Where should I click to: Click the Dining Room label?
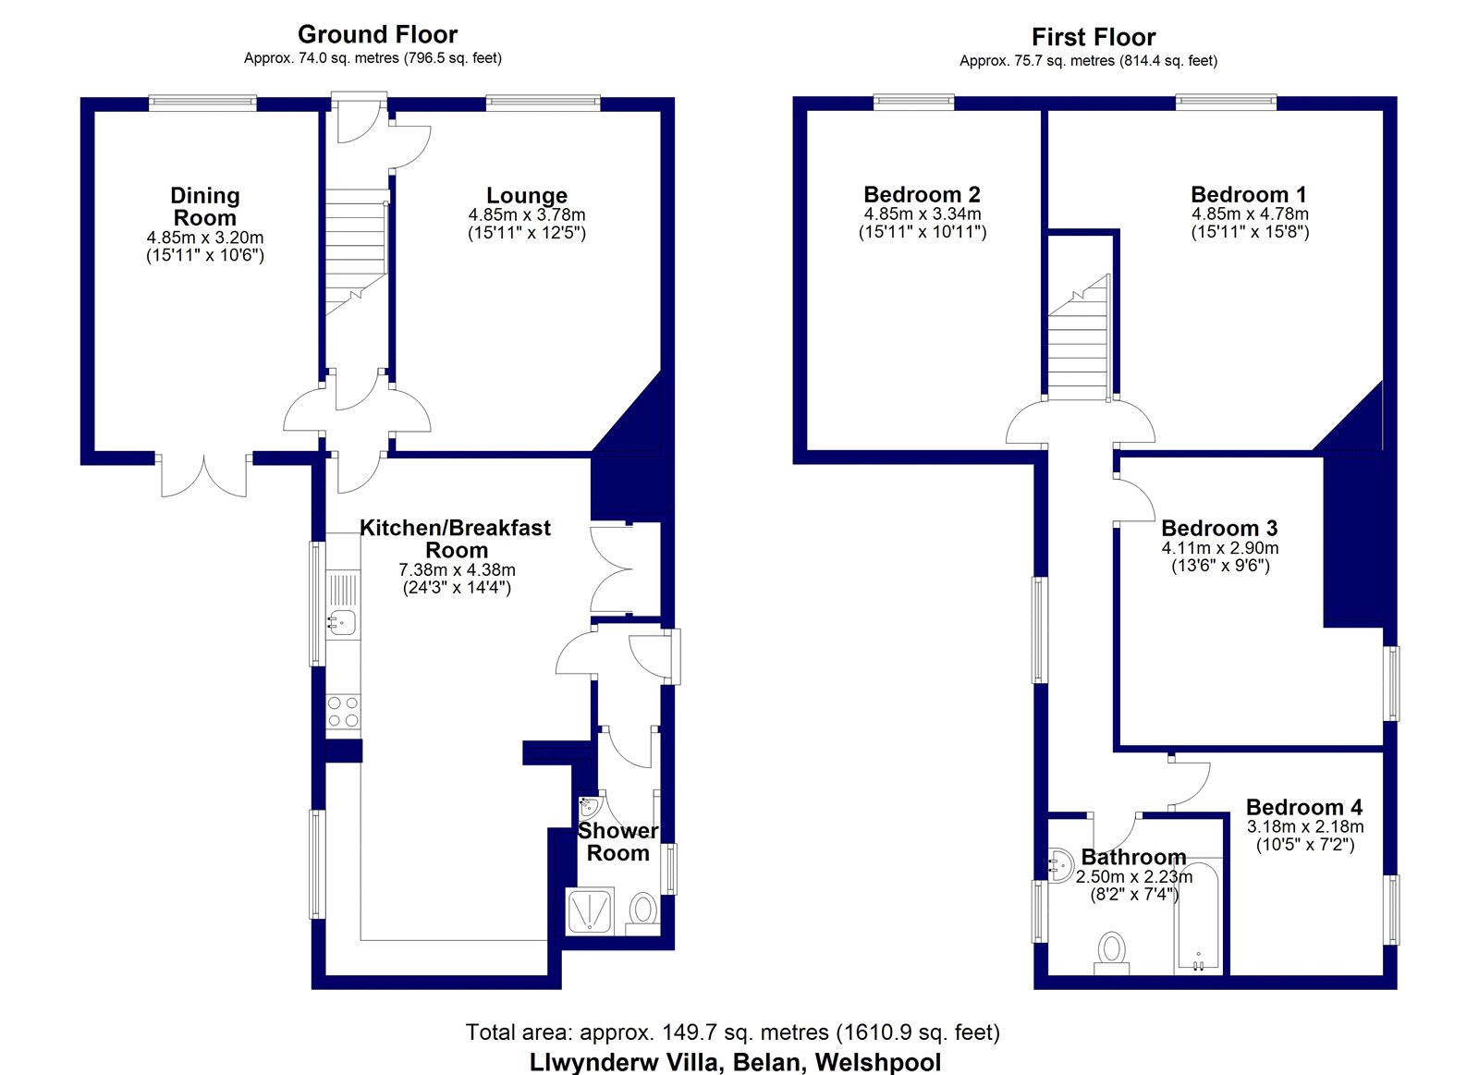[x=204, y=206]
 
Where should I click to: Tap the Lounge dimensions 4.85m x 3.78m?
[x=527, y=215]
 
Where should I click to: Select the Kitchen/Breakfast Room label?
[x=456, y=539]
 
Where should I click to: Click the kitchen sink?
[x=343, y=622]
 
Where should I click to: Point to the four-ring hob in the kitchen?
[x=343, y=712]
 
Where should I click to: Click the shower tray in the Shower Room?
[x=590, y=911]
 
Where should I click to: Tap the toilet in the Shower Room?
[x=642, y=914]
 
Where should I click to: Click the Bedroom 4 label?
[x=1304, y=807]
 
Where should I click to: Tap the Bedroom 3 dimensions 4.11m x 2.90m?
[x=1220, y=548]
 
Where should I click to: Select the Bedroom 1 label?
[x=1249, y=194]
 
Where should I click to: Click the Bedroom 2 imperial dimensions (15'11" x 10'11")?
[x=923, y=232]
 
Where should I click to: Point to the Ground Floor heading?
[x=378, y=34]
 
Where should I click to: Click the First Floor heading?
[x=1094, y=37]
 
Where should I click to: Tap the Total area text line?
[x=733, y=1032]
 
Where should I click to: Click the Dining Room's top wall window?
[x=202, y=102]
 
